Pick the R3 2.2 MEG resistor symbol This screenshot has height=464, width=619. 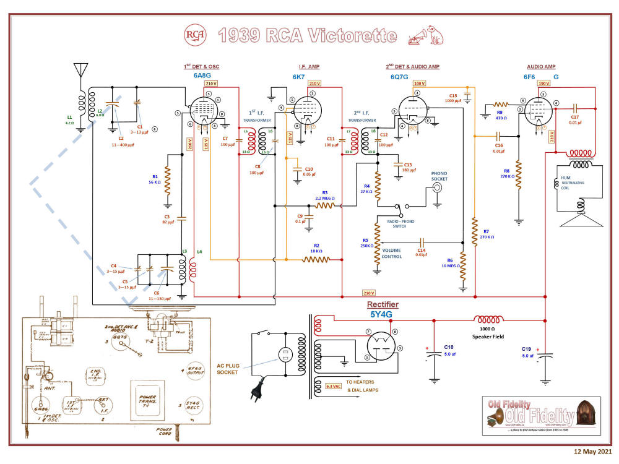pyautogui.click(x=325, y=205)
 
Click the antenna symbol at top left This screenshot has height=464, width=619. pyautogui.click(x=79, y=69)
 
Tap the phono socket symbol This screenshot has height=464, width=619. pyautogui.click(x=438, y=186)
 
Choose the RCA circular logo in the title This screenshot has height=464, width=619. pyautogui.click(x=195, y=36)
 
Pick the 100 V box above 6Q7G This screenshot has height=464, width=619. pyautogui.click(x=420, y=83)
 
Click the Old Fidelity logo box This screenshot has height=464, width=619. pyautogui.click(x=541, y=415)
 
